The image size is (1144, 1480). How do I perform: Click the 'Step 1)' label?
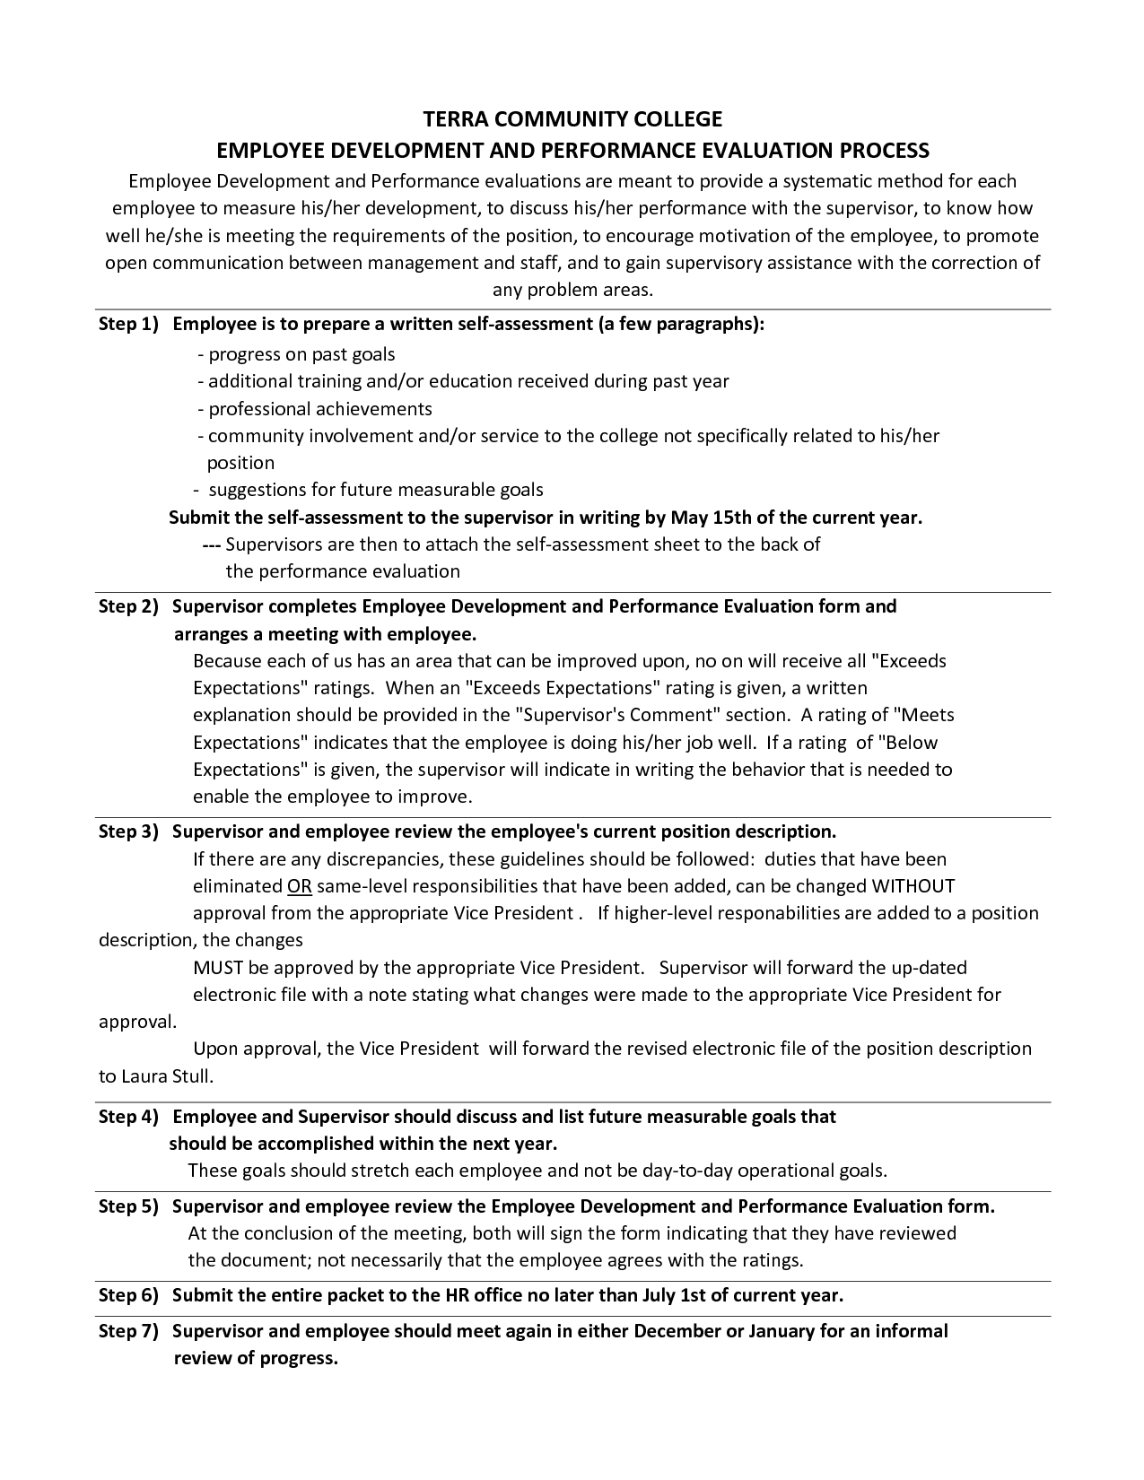point(127,325)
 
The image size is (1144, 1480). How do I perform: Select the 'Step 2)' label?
point(127,606)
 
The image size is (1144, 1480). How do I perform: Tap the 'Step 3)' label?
point(127,831)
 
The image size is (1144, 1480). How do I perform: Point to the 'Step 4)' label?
point(127,1117)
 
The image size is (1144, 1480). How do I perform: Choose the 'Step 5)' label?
point(127,1206)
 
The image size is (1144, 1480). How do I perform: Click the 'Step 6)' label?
point(127,1295)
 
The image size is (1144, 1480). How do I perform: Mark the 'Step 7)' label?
point(127,1331)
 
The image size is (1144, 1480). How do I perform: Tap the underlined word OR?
point(299,886)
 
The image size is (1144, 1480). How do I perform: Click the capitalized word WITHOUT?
point(913,886)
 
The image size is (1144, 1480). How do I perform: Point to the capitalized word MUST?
point(218,968)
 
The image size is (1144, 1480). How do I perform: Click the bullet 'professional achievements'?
point(319,409)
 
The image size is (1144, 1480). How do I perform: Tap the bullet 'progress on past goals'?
point(301,354)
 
